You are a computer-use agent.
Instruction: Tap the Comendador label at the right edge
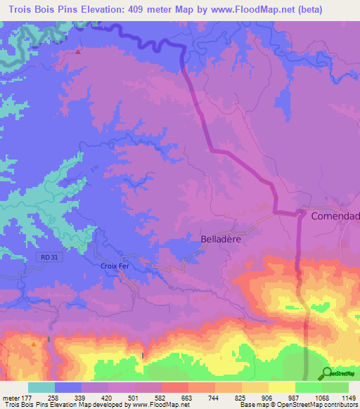[335, 216]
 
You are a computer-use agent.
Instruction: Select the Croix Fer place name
[116, 267]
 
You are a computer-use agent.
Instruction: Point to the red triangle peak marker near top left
[78, 51]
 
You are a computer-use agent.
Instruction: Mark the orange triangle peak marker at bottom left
[33, 344]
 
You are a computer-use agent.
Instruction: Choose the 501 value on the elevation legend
[131, 398]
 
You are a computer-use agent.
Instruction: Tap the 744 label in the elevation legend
[211, 398]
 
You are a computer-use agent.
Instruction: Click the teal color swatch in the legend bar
[41, 387]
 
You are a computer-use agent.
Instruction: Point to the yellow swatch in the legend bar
[281, 387]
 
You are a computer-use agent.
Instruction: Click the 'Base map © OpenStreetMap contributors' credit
[297, 405]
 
